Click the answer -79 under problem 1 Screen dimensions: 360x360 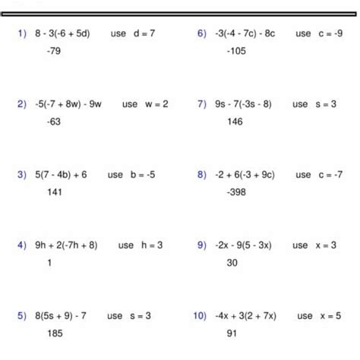click(x=52, y=51)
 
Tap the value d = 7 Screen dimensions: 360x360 click(x=144, y=34)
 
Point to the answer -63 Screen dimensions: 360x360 click(x=54, y=121)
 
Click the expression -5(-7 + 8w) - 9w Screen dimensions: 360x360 click(x=68, y=104)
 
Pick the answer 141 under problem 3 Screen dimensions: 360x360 click(x=54, y=191)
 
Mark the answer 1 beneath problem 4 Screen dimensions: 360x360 click(x=49, y=262)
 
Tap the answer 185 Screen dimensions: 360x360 click(x=54, y=333)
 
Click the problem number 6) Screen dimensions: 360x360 click(x=202, y=34)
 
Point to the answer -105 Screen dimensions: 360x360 click(x=235, y=51)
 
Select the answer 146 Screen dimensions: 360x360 click(x=234, y=121)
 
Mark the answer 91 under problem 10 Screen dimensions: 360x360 click(x=232, y=333)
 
